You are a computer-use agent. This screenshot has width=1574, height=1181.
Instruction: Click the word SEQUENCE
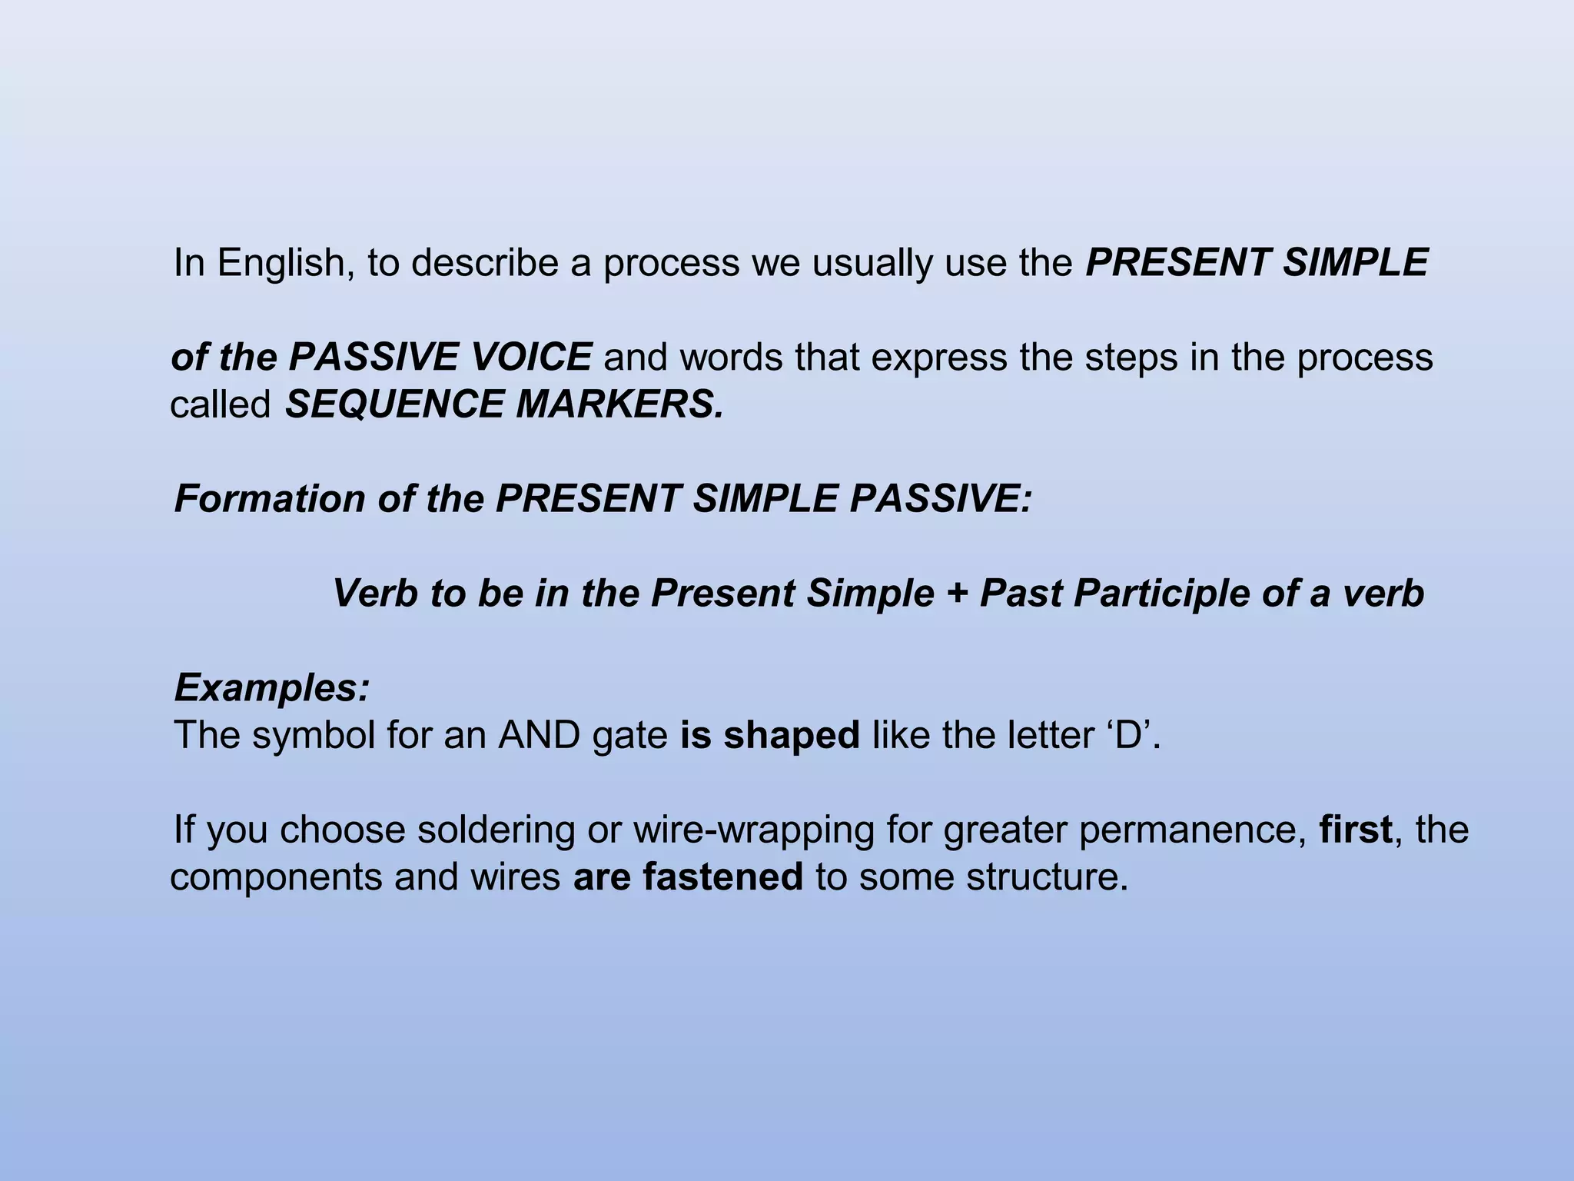[x=393, y=404]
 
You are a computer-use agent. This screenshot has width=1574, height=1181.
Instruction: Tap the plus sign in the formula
[x=957, y=594]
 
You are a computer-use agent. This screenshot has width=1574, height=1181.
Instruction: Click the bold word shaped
[x=792, y=736]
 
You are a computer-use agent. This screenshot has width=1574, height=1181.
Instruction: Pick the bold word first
[x=1356, y=830]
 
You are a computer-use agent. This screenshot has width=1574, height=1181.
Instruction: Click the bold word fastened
[x=722, y=877]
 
